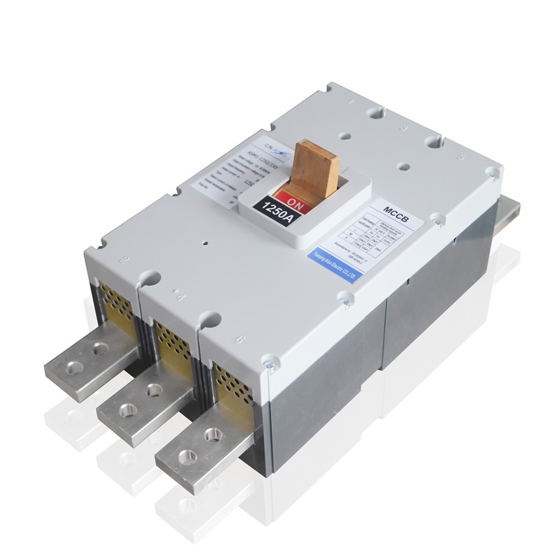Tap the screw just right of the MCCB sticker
(x=437, y=221)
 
